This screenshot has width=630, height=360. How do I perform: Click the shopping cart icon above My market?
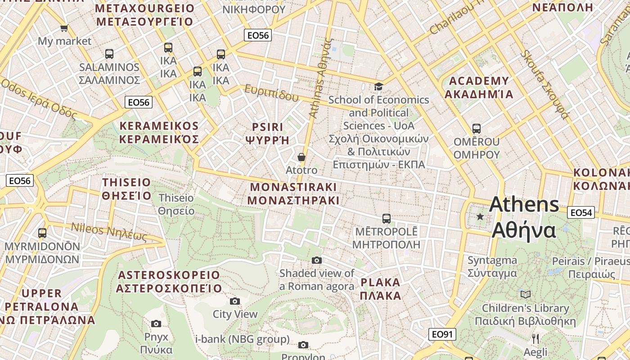pyautogui.click(x=64, y=28)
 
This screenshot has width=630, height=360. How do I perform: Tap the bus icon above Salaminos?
pyautogui.click(x=109, y=54)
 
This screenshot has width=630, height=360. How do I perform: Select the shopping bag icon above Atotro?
pyautogui.click(x=301, y=157)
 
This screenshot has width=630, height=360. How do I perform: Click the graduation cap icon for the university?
pyautogui.click(x=378, y=86)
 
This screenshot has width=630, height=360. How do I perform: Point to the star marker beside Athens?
pyautogui.click(x=480, y=217)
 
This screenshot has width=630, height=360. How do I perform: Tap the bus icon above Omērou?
pyautogui.click(x=476, y=129)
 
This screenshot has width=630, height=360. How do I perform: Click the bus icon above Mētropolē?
pyautogui.click(x=386, y=219)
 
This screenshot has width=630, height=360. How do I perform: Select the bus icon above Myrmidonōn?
pyautogui.click(x=42, y=233)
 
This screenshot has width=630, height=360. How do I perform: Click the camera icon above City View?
pyautogui.click(x=234, y=301)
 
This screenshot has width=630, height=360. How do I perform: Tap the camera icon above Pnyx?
pyautogui.click(x=156, y=324)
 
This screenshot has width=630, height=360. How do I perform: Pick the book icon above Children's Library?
pyautogui.click(x=525, y=294)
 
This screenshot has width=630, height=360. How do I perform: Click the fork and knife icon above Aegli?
pyautogui.click(x=535, y=338)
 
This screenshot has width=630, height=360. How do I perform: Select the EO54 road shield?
pyautogui.click(x=580, y=212)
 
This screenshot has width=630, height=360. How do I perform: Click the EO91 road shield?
pyautogui.click(x=442, y=334)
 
